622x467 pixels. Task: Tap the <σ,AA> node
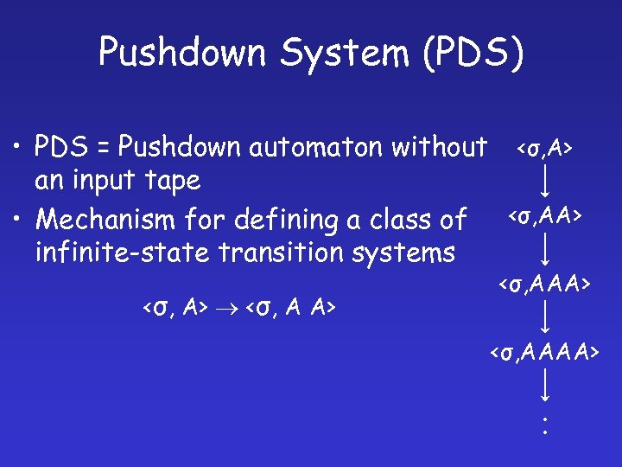click(x=544, y=214)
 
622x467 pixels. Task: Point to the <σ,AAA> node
click(x=544, y=283)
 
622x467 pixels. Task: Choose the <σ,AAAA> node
click(x=544, y=351)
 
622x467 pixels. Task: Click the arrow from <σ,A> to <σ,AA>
click(x=545, y=182)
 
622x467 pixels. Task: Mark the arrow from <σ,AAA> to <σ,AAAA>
click(x=545, y=317)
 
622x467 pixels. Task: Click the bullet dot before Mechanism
click(x=17, y=220)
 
